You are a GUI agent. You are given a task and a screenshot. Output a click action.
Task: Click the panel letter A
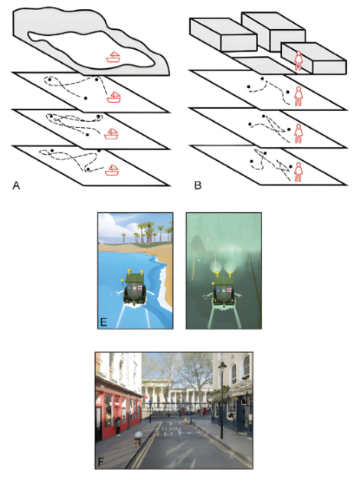(16, 185)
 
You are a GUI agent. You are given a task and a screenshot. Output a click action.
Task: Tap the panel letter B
(198, 185)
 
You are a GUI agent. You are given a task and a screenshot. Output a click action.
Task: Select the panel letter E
(103, 322)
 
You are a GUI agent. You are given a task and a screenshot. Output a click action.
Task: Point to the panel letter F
(100, 462)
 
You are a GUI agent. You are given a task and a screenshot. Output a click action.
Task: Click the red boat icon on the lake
(113, 57)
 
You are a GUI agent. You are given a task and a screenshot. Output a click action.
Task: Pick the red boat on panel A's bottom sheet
(112, 170)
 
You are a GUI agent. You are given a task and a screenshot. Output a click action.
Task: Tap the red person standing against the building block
(298, 61)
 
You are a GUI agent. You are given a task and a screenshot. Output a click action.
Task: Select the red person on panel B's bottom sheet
(298, 172)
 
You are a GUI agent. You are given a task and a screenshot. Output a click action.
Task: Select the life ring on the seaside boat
(139, 288)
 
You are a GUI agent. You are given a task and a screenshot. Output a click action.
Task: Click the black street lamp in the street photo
(222, 400)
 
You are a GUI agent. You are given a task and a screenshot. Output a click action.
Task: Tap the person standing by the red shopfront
(118, 426)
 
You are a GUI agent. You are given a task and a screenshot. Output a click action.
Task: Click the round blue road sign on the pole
(150, 401)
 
